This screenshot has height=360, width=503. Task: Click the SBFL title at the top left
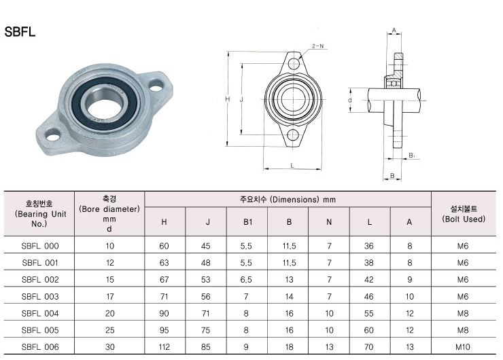coord(20,32)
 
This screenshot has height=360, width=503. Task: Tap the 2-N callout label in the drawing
coord(318,46)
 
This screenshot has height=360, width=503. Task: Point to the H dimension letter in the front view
coord(228,99)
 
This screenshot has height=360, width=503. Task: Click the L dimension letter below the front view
coord(292,166)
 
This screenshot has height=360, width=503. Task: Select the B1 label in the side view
coord(412,156)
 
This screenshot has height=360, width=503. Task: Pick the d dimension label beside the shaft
coord(350,100)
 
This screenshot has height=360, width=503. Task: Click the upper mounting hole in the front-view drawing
coord(294,64)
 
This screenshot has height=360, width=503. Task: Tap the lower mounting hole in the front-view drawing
coord(293,135)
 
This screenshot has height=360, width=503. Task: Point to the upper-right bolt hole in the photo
coord(156,86)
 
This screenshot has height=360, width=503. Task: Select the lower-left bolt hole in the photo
coord(53,135)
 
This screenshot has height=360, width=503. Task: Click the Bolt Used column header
coord(464,214)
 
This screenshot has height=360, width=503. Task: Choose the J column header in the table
coord(208,222)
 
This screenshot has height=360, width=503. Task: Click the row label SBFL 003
coord(40,297)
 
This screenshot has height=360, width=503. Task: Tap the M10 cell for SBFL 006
coord(463,347)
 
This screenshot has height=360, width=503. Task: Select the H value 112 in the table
coord(164,347)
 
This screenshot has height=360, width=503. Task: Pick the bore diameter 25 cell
coord(109,330)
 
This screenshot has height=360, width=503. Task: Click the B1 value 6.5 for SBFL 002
coord(246,280)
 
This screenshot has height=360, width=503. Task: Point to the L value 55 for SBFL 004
coord(369,314)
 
